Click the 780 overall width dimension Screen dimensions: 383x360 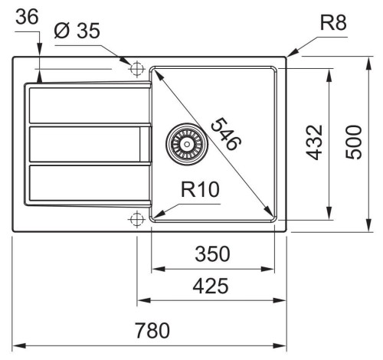coord(152,330)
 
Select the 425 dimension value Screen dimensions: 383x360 coord(211,286)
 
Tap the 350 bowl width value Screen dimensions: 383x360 coord(212,254)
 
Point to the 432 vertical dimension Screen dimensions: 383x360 coord(314,142)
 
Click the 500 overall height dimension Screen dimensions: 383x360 coord(354,142)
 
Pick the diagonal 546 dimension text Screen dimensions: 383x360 coord(226,134)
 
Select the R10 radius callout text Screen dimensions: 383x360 coord(200,189)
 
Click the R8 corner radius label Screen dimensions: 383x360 coord(333,22)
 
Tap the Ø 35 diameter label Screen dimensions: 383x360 coord(77,31)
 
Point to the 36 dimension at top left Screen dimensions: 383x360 coord(27,17)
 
